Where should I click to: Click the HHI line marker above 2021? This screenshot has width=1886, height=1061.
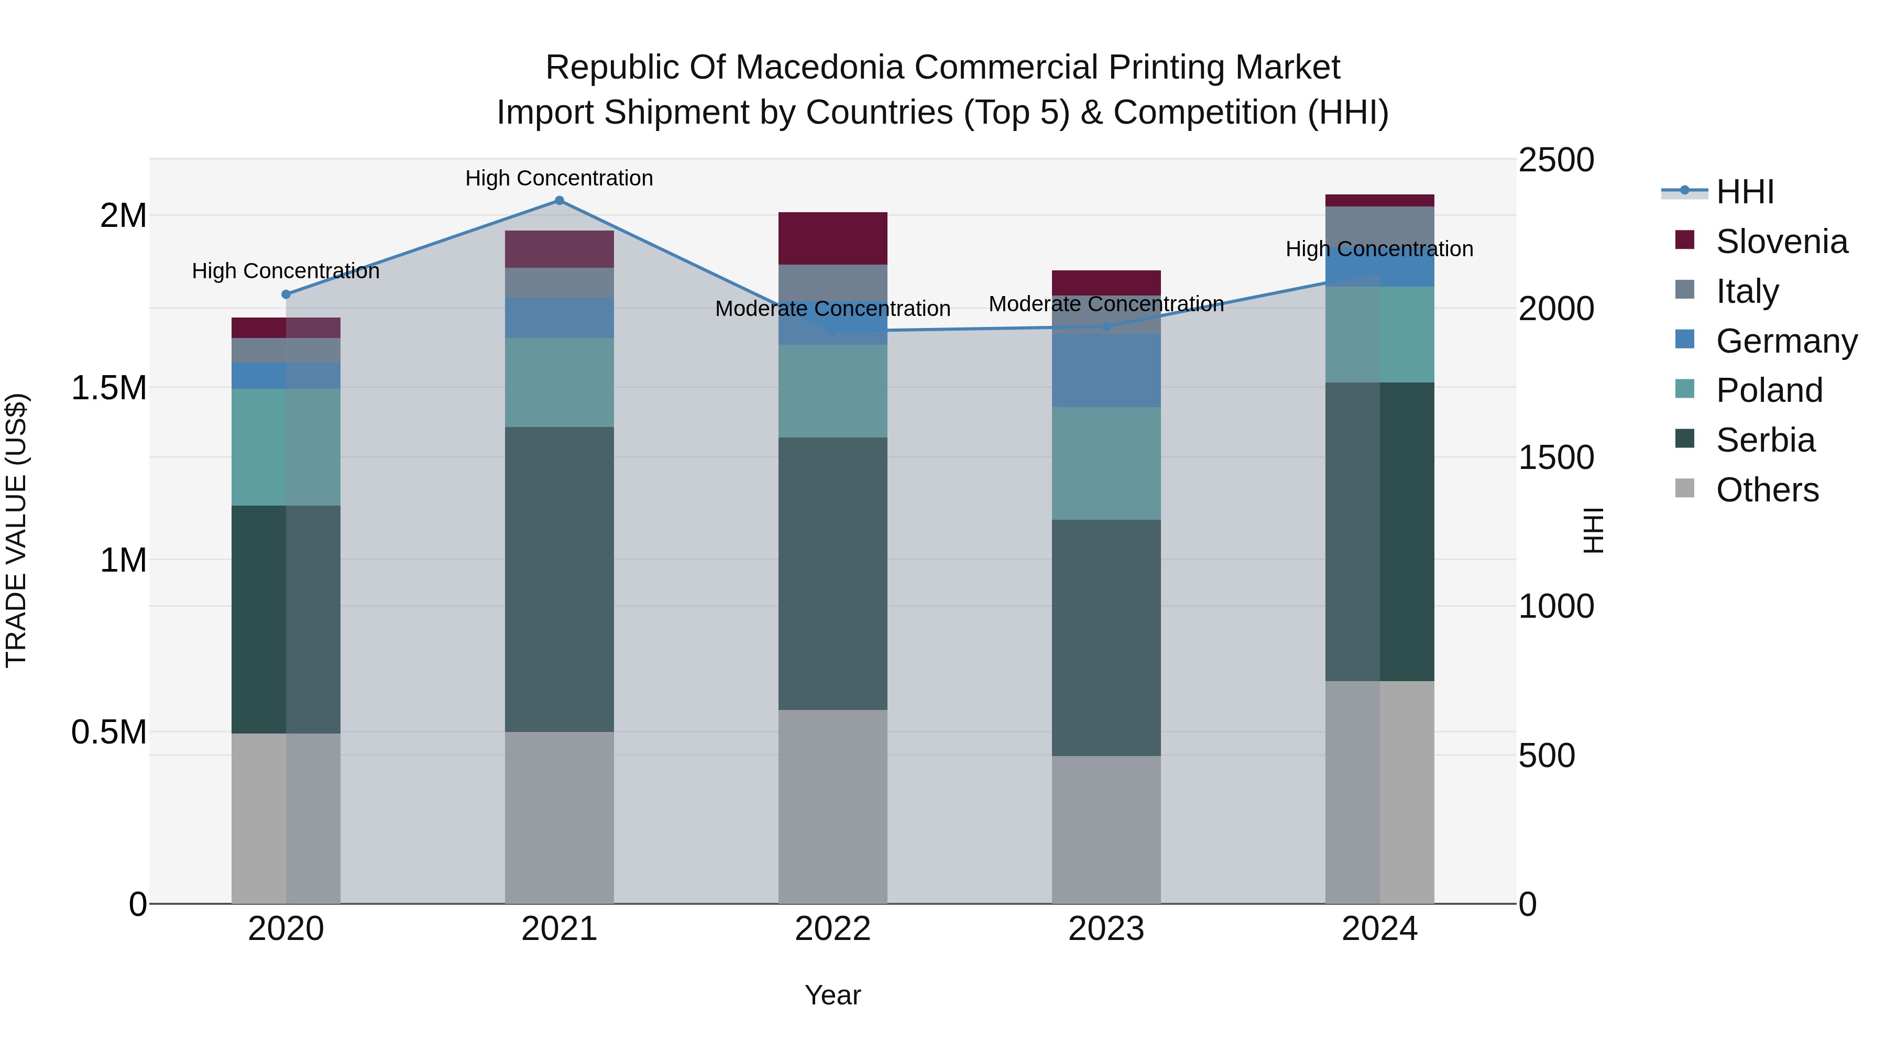(560, 201)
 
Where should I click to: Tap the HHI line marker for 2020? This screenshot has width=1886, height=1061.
(286, 294)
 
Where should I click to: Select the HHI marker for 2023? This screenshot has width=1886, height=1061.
(1106, 326)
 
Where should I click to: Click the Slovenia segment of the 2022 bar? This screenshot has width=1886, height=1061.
(832, 238)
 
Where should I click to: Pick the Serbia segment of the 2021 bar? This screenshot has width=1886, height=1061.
(560, 578)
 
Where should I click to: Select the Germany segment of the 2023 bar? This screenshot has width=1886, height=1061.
(1106, 370)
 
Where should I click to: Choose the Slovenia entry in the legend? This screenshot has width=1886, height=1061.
(1781, 242)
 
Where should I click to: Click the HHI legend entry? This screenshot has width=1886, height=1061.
(1745, 192)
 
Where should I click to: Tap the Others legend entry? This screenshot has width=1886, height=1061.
(1767, 490)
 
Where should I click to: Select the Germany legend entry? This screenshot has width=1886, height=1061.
(1786, 341)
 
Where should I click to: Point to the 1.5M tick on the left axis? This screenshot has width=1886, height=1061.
(109, 388)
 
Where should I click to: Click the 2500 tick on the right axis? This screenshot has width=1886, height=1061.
(1556, 160)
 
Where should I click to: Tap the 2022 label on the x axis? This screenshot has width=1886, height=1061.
(832, 929)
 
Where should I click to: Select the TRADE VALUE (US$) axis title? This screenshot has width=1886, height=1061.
(16, 530)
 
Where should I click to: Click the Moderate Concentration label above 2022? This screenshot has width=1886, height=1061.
(832, 309)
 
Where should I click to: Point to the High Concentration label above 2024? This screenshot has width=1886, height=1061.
(1379, 249)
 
